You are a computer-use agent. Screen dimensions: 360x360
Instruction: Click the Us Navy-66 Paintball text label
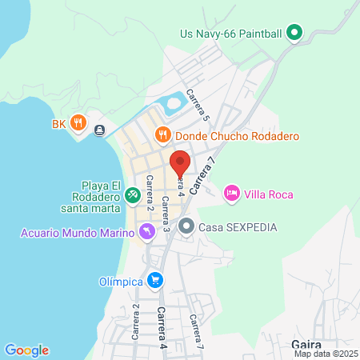tap(231, 33)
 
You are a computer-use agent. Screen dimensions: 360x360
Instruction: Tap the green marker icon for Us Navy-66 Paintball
tap(294, 33)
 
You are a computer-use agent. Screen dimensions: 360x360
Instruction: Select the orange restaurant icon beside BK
tap(78, 123)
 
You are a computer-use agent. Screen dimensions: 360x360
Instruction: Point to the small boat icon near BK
tap(98, 130)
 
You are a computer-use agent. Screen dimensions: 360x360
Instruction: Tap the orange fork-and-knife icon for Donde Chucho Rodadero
tap(163, 135)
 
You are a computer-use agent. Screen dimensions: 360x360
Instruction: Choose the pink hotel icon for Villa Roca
tap(232, 193)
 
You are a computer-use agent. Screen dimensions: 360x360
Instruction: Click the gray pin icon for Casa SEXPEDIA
tap(186, 226)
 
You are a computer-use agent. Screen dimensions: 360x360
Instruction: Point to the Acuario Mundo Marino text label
tap(77, 234)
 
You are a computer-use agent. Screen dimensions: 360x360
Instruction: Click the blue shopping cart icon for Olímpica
tap(155, 281)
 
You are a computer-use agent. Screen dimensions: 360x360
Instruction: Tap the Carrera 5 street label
tap(198, 104)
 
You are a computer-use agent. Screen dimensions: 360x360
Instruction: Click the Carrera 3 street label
tap(164, 214)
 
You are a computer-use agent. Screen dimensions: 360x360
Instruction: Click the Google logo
tap(26, 350)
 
